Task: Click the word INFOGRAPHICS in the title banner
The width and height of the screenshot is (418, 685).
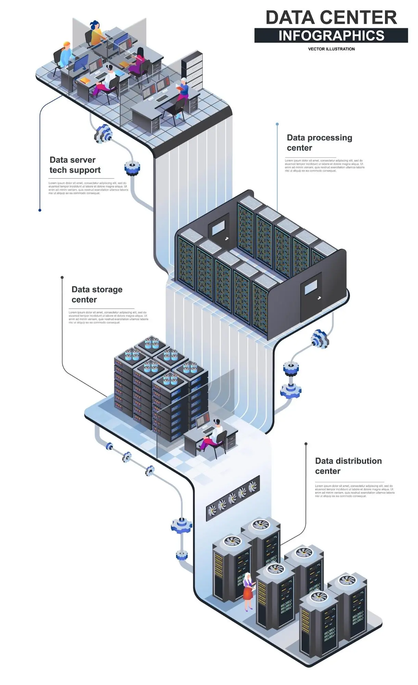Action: (331, 36)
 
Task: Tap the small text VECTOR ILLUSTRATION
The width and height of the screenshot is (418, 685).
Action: (331, 49)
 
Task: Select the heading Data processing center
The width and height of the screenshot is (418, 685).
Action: (319, 143)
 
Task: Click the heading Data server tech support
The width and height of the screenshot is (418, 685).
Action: (75, 165)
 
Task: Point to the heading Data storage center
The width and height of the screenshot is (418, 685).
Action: (97, 294)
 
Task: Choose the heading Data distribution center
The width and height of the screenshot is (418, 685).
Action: (348, 466)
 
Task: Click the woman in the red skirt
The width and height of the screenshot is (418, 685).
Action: (248, 590)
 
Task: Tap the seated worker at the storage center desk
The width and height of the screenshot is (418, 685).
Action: (213, 434)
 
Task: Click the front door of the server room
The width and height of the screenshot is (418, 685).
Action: (311, 297)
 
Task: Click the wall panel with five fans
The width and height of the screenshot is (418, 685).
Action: (233, 498)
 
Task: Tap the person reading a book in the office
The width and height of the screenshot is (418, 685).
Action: (183, 91)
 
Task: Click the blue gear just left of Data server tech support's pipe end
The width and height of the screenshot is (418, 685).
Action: (132, 168)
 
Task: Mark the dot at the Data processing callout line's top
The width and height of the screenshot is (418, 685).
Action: (277, 124)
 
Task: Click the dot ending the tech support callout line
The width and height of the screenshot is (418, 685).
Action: (40, 210)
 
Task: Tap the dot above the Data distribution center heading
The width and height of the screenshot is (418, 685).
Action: (306, 444)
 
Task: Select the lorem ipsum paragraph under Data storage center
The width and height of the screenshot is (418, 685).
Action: (108, 317)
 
